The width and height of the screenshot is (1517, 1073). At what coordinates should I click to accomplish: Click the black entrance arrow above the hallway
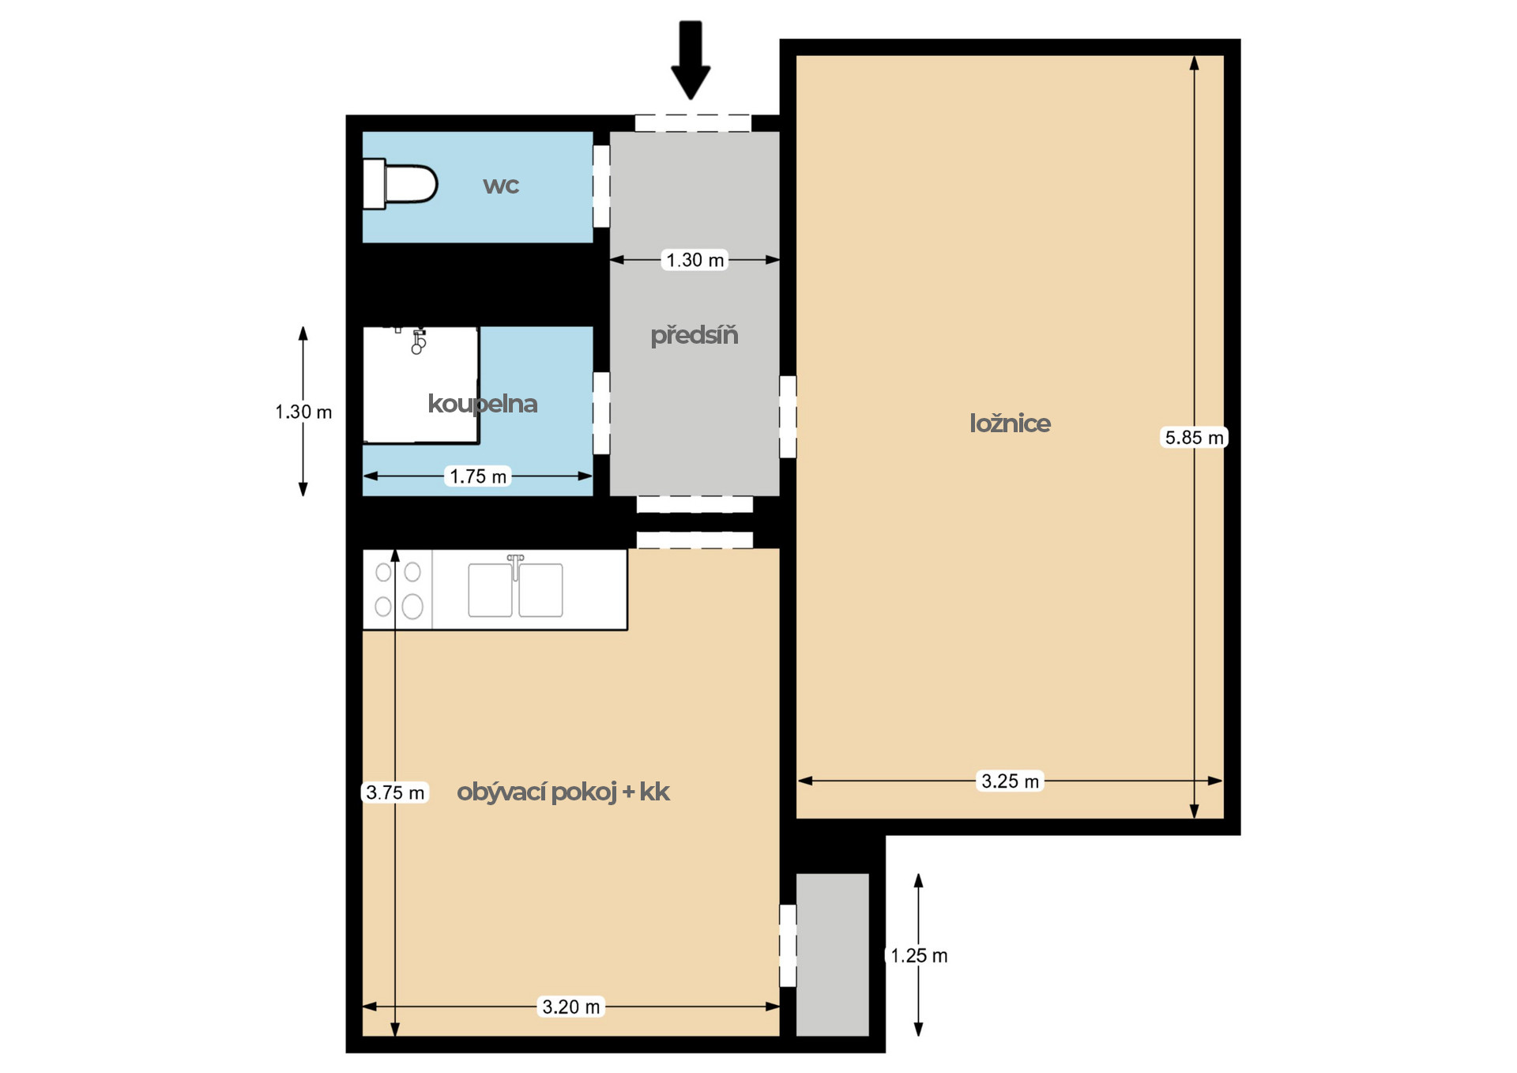[x=691, y=60]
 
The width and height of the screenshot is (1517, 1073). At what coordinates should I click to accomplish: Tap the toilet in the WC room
[x=400, y=184]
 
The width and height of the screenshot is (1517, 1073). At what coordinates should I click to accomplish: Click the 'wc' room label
[x=501, y=186]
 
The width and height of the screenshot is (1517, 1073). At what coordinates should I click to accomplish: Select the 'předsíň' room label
[x=695, y=335]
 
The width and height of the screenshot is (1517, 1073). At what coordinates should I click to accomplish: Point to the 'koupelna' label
[x=483, y=404]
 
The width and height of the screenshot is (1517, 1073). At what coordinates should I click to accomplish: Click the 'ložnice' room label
[x=1010, y=424]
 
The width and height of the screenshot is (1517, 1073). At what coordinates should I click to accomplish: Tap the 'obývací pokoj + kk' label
[x=563, y=792]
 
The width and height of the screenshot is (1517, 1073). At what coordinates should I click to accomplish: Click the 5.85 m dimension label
[x=1194, y=438]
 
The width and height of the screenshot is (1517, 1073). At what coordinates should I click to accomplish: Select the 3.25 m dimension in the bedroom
[x=1011, y=781]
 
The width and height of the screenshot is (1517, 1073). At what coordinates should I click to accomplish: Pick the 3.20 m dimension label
[x=571, y=1007]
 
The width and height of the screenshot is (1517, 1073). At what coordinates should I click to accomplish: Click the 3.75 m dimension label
[x=395, y=793]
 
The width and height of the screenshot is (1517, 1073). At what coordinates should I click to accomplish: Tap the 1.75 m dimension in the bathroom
[x=478, y=476]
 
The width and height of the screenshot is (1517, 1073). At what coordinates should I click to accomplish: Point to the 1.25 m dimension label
[x=919, y=956]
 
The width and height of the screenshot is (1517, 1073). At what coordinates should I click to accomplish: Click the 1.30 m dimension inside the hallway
[x=695, y=260]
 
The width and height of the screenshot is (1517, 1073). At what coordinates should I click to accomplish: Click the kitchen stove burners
[x=398, y=589]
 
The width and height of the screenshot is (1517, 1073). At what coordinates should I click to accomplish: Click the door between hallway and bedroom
[x=788, y=416]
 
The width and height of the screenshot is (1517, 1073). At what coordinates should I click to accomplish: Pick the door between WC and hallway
[x=601, y=186]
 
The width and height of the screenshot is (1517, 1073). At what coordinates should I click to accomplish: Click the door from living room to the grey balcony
[x=788, y=946]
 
